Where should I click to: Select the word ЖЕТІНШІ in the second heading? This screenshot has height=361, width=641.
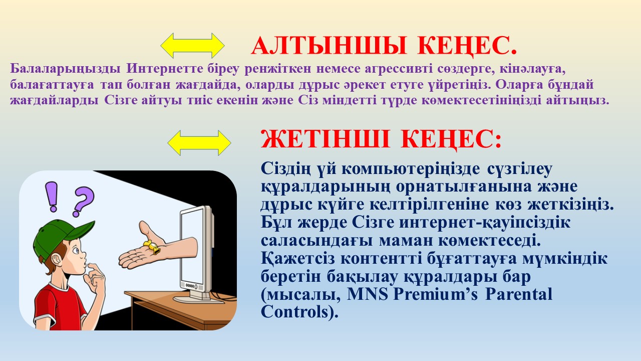coord(325,139)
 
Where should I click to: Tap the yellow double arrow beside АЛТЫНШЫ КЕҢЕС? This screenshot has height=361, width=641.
coord(193,46)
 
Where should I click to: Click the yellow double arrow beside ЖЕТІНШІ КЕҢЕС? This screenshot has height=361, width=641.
coord(199,143)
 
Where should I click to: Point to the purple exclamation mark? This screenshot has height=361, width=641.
coord(53,197)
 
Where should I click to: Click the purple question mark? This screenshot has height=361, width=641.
coord(83,201)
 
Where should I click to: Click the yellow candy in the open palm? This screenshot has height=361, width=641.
coord(152,247)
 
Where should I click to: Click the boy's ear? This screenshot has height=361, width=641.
coord(57,261)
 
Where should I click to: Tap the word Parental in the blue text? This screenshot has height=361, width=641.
coord(519,294)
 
